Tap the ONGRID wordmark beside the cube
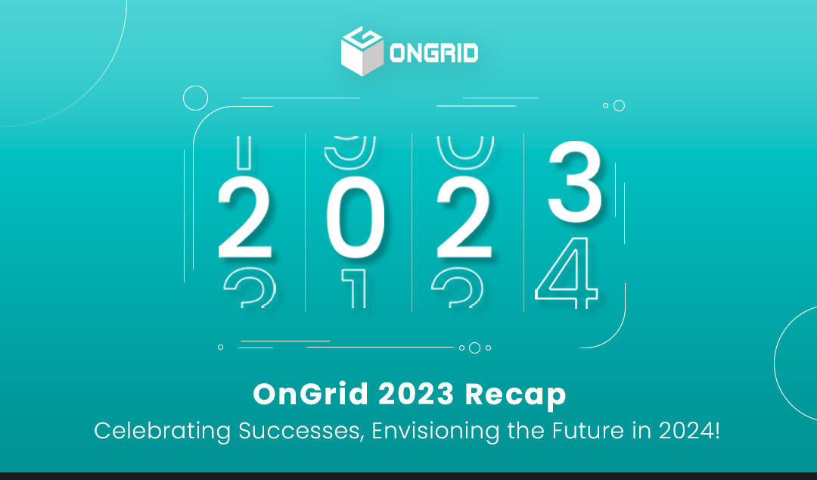[434, 54]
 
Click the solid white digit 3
[575, 182]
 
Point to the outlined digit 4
[567, 271]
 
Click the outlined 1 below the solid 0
[355, 291]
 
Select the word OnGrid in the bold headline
[309, 394]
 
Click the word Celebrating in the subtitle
[162, 431]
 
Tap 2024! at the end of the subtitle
[688, 431]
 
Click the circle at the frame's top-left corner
[195, 98]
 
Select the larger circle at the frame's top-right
[619, 106]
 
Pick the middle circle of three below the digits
[474, 348]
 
